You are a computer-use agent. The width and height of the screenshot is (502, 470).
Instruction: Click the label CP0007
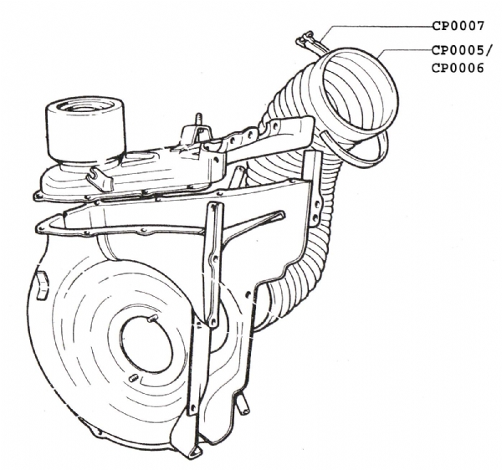(x=458, y=26)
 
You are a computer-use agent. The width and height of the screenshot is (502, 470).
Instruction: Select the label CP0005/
(x=461, y=50)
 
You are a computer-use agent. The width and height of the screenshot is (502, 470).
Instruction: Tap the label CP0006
(x=458, y=68)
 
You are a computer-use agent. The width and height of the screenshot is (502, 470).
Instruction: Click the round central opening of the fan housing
(x=146, y=345)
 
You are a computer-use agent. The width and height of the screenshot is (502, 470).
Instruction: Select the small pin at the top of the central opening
(x=151, y=319)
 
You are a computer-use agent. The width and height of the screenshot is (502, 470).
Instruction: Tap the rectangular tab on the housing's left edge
(x=42, y=286)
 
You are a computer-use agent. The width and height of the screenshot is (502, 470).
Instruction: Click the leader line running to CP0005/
(x=404, y=50)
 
